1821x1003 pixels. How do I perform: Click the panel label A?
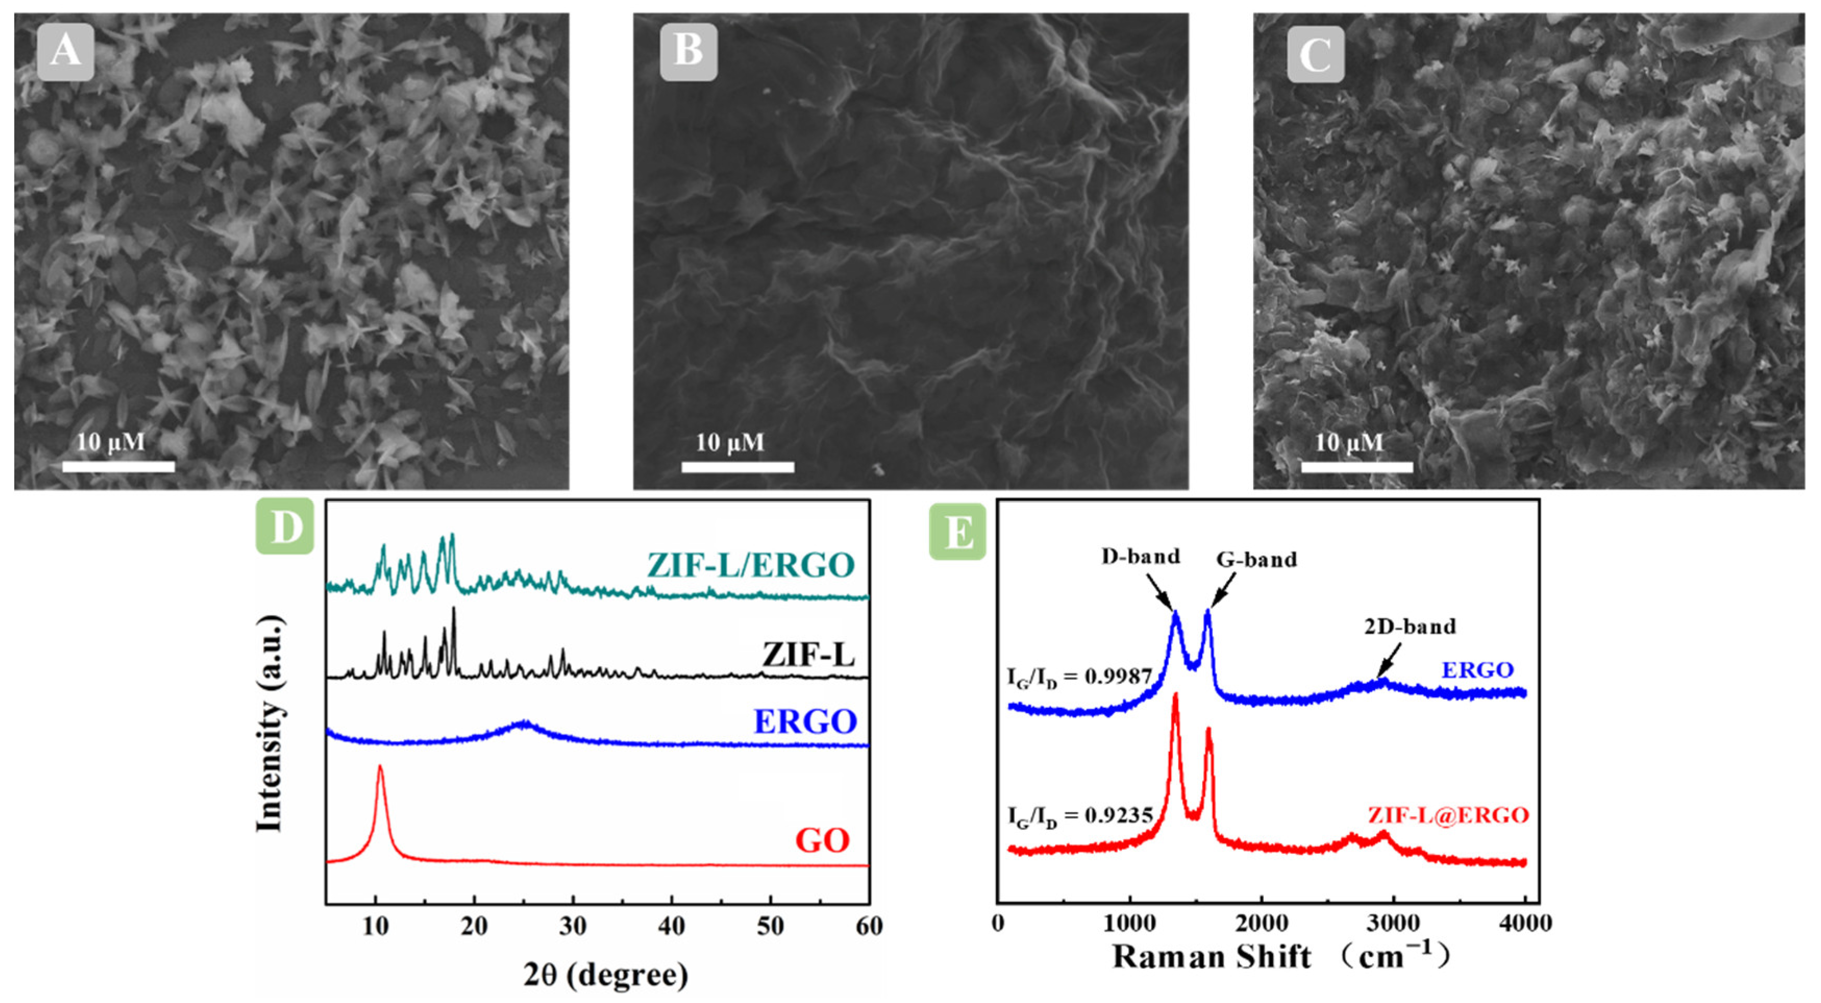[65, 52]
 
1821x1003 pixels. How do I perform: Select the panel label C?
[1315, 54]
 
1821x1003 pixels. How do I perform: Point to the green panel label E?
[958, 532]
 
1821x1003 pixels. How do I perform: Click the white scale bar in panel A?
[118, 466]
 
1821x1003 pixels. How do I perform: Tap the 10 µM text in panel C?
[1349, 443]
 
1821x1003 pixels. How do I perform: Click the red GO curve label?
[822, 841]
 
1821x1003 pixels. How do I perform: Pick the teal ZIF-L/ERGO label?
[751, 565]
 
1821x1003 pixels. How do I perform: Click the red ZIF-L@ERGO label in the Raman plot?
[1448, 815]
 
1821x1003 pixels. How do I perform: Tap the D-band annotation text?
[1141, 557]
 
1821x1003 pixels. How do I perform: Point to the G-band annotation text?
[1257, 559]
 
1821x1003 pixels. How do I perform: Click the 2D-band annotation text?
[1410, 626]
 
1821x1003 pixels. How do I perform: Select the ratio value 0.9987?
[1118, 677]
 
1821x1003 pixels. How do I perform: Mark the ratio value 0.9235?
[1118, 815]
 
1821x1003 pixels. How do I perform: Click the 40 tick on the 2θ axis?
[671, 926]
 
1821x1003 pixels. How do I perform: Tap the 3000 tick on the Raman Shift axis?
[1393, 923]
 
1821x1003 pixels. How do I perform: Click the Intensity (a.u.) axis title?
[269, 723]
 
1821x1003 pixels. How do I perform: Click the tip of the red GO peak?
[380, 766]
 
